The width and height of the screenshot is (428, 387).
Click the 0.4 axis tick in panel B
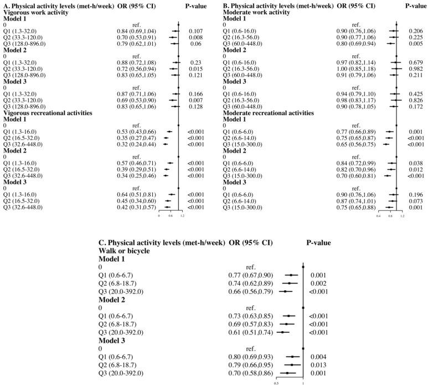click(x=379, y=216)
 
